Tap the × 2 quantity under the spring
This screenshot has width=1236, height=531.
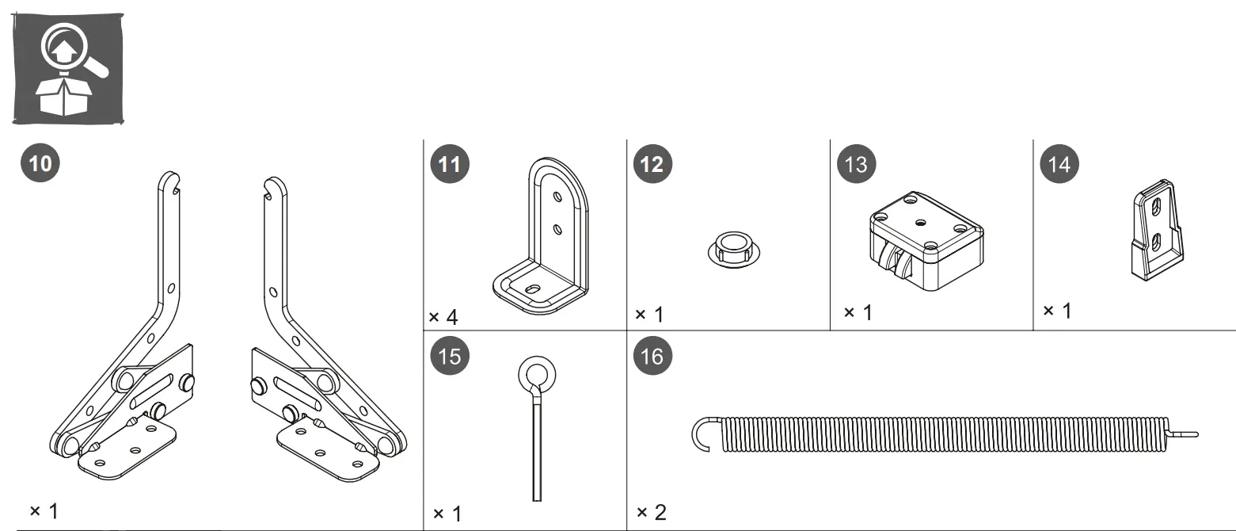[x=651, y=512]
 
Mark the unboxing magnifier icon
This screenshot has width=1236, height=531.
[x=68, y=69]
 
